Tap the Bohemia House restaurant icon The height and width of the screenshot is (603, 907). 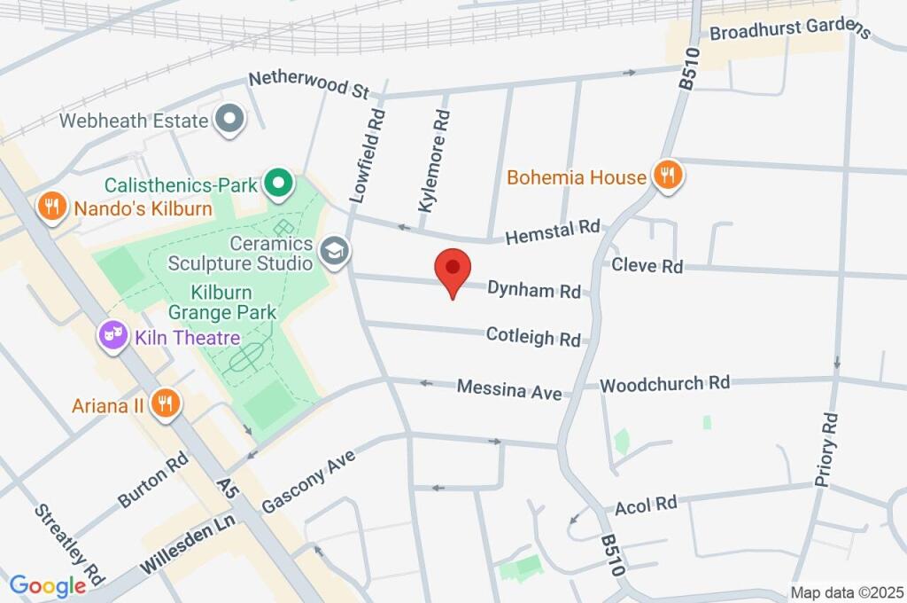(x=667, y=176)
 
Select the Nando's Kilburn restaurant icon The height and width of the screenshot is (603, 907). (x=52, y=208)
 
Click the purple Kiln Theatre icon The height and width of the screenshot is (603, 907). (x=112, y=336)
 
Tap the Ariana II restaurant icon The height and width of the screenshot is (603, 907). (x=165, y=403)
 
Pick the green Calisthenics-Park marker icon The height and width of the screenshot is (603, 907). (x=279, y=184)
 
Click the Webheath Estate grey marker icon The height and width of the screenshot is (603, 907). (x=230, y=118)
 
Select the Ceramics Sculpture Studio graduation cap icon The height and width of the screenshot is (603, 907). (x=334, y=250)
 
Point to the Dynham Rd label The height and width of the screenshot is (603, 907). (x=534, y=289)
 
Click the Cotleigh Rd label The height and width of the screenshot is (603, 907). (x=533, y=337)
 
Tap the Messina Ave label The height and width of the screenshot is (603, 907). (x=509, y=388)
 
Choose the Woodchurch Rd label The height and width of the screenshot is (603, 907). (x=664, y=384)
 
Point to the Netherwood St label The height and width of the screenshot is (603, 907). (x=308, y=85)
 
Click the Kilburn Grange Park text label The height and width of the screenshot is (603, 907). (x=222, y=301)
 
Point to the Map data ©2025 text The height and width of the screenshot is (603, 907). (x=846, y=592)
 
